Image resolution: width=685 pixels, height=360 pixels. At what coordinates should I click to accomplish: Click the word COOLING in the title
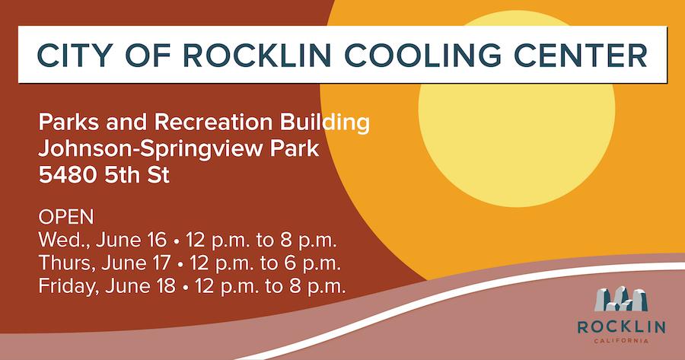[423, 56]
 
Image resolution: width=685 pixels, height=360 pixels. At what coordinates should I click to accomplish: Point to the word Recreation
[214, 123]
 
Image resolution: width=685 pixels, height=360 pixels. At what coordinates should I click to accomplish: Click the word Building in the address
[324, 123]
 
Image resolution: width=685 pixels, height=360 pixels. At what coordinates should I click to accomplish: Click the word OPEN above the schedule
[66, 217]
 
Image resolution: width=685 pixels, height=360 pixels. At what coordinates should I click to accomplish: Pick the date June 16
[132, 240]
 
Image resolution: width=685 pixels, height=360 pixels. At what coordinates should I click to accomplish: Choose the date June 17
[136, 263]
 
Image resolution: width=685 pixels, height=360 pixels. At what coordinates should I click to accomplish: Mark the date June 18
[140, 286]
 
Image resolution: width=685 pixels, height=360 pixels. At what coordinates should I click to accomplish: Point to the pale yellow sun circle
[517, 110]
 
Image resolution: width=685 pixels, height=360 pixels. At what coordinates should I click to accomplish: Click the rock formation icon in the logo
[621, 299]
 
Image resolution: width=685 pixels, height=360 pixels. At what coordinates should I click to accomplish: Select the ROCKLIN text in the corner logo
[621, 327]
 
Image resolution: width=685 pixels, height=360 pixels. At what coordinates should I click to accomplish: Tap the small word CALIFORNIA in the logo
[621, 341]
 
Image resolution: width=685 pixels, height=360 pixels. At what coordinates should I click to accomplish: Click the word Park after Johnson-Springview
[295, 149]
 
